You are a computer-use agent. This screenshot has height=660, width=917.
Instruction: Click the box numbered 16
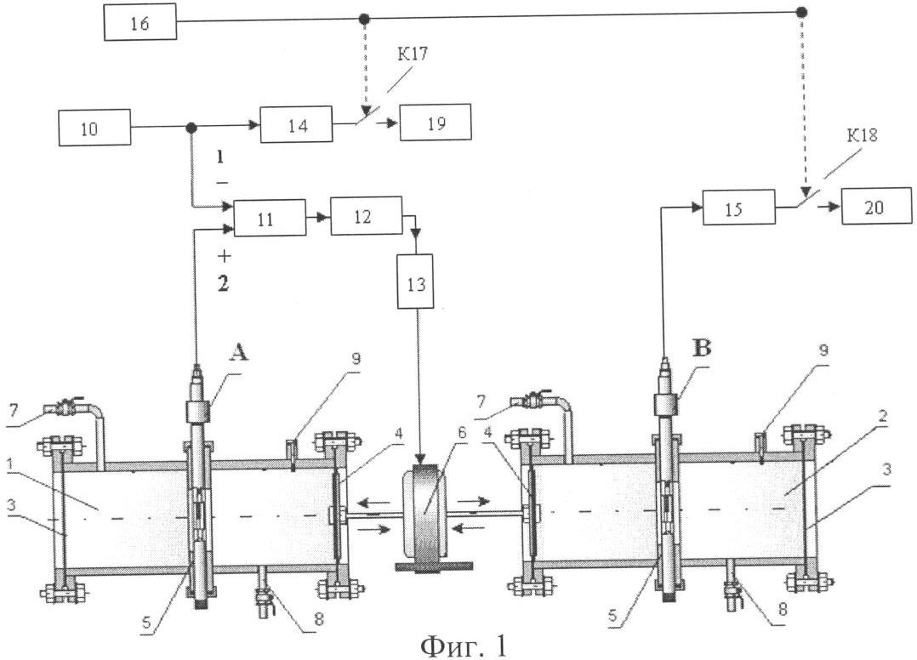click(140, 23)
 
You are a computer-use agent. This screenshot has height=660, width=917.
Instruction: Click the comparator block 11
click(269, 219)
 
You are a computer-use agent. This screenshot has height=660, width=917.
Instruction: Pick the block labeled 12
click(365, 219)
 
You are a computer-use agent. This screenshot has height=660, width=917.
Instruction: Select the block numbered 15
click(738, 208)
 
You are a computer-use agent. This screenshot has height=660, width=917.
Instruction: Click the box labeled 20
click(876, 208)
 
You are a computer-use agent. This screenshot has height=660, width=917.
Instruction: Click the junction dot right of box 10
click(191, 128)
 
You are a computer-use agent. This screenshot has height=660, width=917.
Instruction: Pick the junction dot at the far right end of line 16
click(801, 13)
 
